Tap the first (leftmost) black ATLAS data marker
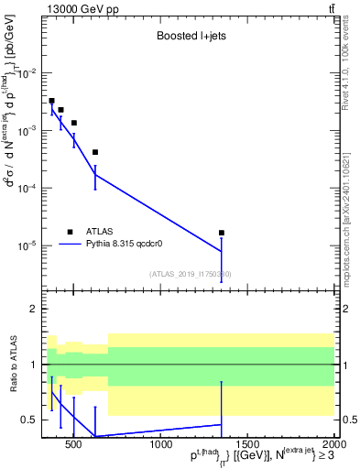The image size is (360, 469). coord(51,101)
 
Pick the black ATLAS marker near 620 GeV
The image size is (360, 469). coord(95,152)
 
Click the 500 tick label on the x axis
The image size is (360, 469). coord(74,445)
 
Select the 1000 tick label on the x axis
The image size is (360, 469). coord(161,445)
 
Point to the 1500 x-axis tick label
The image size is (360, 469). coord(248,445)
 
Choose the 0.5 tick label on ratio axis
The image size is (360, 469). coord(27,420)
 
